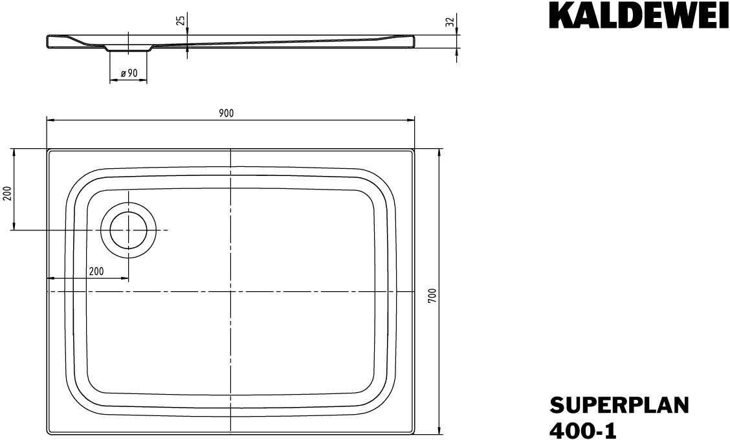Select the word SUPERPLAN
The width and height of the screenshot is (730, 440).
619,405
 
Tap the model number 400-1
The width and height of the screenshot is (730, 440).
583,431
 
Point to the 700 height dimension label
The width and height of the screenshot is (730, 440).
432,296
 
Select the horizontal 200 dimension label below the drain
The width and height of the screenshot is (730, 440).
96,271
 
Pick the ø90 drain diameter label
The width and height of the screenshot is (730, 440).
129,73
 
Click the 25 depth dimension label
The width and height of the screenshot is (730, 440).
181,21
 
